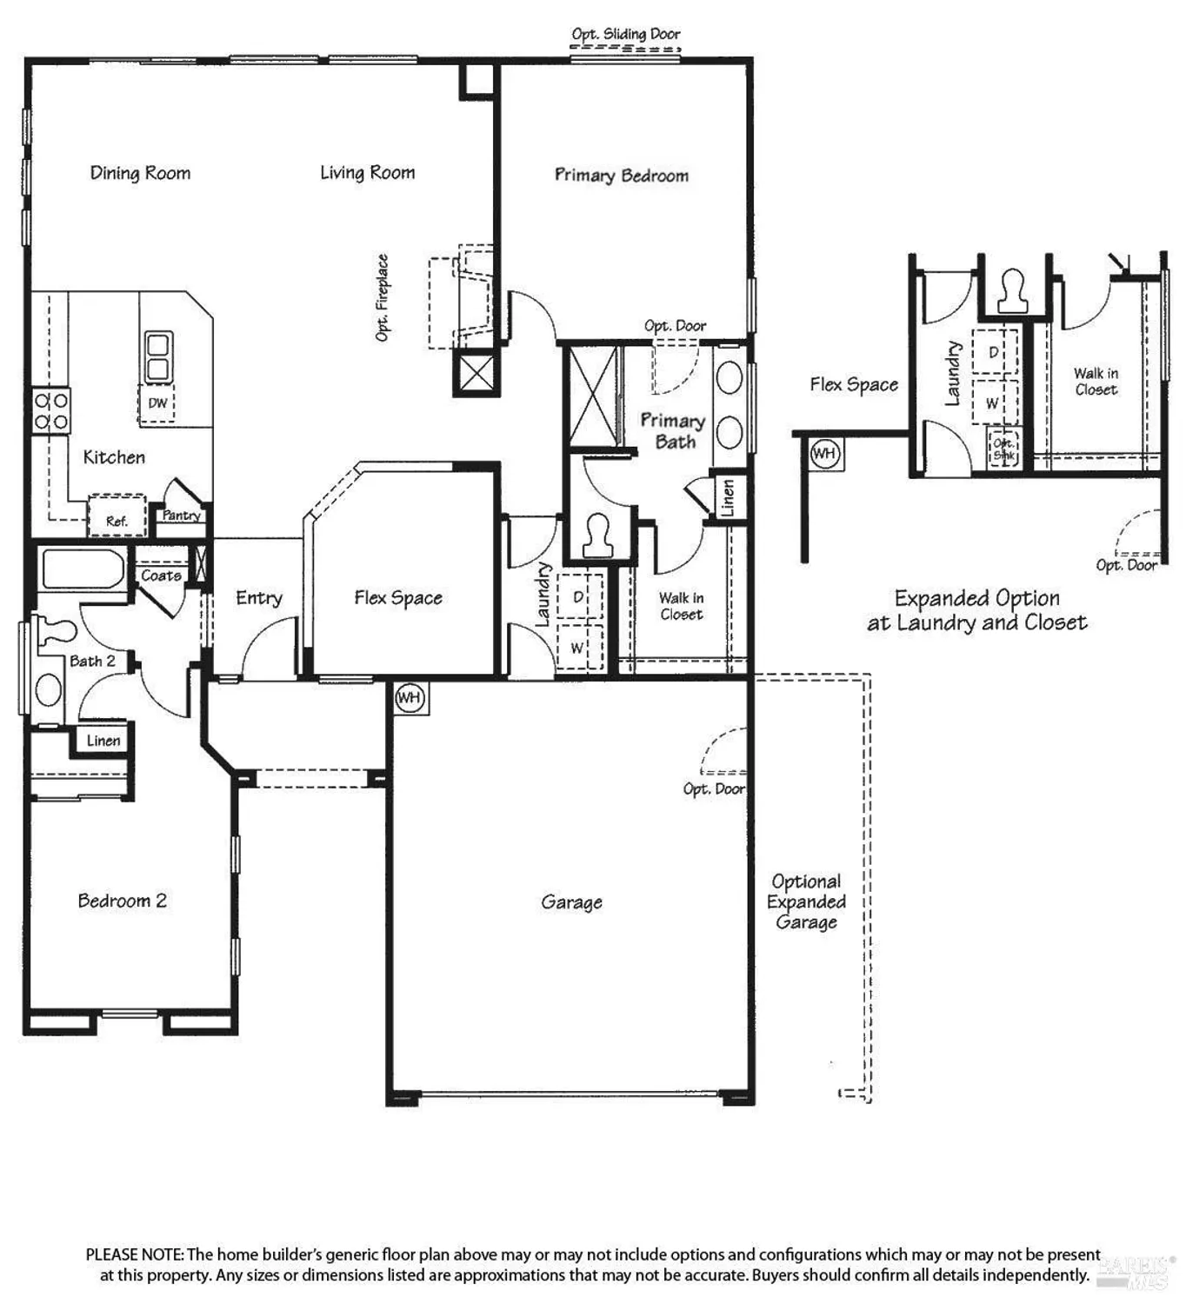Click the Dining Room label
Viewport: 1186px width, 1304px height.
pyautogui.click(x=140, y=173)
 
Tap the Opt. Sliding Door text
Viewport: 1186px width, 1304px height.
pyautogui.click(x=625, y=34)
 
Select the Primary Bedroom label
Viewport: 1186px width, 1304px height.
pyautogui.click(x=621, y=176)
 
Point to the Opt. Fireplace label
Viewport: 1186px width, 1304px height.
pyautogui.click(x=382, y=297)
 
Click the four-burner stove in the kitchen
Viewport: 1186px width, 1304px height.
pyautogui.click(x=51, y=411)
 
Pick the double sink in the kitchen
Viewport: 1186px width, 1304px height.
pyautogui.click(x=157, y=356)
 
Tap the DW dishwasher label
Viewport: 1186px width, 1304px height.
pyautogui.click(x=157, y=403)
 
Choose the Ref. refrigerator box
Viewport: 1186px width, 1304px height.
pyautogui.click(x=117, y=517)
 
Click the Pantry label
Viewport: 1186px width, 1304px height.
pyautogui.click(x=181, y=516)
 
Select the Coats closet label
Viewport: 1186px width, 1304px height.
pyautogui.click(x=161, y=575)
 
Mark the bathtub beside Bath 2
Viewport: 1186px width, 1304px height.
pyautogui.click(x=83, y=569)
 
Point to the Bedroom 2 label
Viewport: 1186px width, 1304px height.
pyautogui.click(x=122, y=901)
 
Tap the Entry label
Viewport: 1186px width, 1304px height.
pyautogui.click(x=259, y=598)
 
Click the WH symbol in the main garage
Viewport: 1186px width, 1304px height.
pyautogui.click(x=410, y=697)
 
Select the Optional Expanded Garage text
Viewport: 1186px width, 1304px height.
pyautogui.click(x=806, y=901)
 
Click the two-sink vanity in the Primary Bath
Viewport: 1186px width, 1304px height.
pyautogui.click(x=729, y=405)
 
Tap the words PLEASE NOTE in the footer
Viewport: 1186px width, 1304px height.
pyautogui.click(x=134, y=1254)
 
